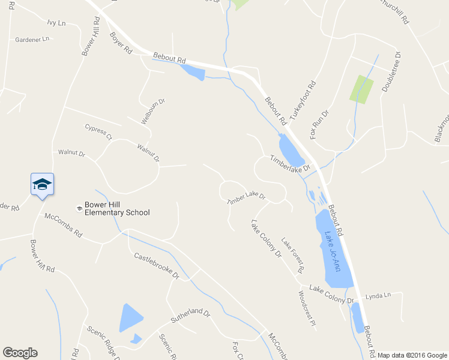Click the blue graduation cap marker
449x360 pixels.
click(x=42, y=184)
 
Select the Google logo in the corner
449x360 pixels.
click(x=20, y=353)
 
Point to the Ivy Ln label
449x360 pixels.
click(x=56, y=22)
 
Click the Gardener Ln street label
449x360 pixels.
click(x=32, y=40)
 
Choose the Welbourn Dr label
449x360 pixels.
click(x=152, y=111)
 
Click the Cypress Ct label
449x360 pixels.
click(x=98, y=131)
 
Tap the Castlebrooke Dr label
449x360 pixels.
click(x=157, y=266)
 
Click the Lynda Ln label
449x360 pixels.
click(x=378, y=295)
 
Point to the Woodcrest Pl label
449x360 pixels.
click(x=306, y=308)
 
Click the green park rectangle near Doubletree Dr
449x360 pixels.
click(x=361, y=89)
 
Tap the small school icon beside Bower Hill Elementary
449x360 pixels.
click(x=79, y=208)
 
